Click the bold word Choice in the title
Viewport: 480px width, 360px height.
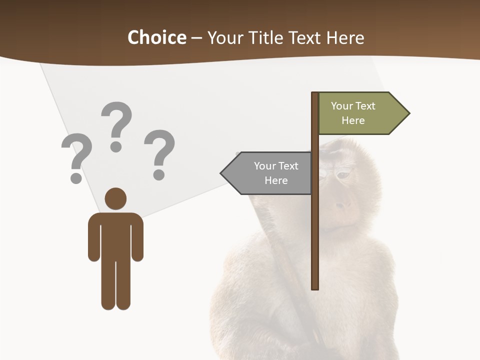[156, 37]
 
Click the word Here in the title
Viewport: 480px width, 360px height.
[345, 37]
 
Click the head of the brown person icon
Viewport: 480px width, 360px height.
[115, 198]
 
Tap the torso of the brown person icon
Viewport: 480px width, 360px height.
[115, 235]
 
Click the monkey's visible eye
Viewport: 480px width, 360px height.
[343, 175]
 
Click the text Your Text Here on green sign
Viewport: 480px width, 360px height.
[353, 113]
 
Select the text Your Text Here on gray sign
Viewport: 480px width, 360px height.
[276, 173]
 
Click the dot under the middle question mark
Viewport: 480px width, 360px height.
[116, 146]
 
